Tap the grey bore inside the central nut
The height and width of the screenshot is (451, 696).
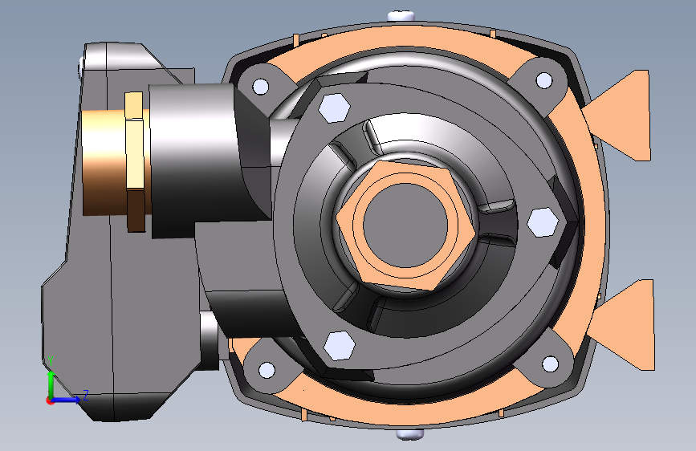tap(405, 224)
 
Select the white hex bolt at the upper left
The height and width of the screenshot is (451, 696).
tap(334, 108)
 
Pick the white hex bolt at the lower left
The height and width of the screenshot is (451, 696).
tap(339, 345)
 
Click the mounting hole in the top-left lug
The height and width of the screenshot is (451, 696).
tap(260, 86)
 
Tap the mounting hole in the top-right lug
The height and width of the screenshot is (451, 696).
tap(544, 80)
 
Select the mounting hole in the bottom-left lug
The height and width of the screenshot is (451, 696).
tap(267, 370)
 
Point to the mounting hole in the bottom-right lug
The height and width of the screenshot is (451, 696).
tap(551, 364)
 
